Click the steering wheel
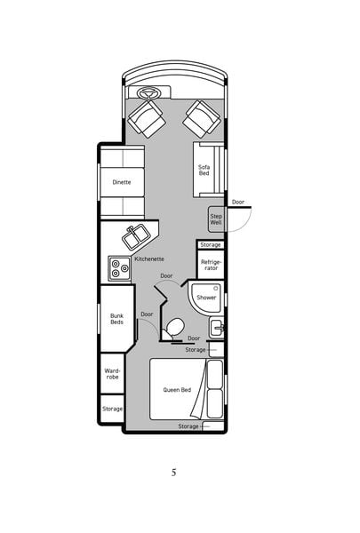click(x=148, y=92)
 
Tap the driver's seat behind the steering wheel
click(x=147, y=119)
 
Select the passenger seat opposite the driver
click(x=202, y=119)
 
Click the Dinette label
click(x=122, y=182)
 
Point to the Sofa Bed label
click(x=204, y=170)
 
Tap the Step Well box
click(x=216, y=219)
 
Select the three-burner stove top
click(x=120, y=268)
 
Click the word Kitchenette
click(x=149, y=259)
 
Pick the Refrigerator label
click(x=211, y=265)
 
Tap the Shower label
click(x=206, y=298)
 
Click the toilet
click(x=172, y=329)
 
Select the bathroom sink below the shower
click(x=217, y=327)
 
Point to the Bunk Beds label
click(x=116, y=319)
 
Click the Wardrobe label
click(x=112, y=374)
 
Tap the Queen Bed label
click(x=177, y=390)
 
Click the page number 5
click(x=174, y=473)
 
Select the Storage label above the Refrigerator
click(x=211, y=245)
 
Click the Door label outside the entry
click(x=238, y=202)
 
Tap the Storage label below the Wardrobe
click(x=112, y=409)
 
